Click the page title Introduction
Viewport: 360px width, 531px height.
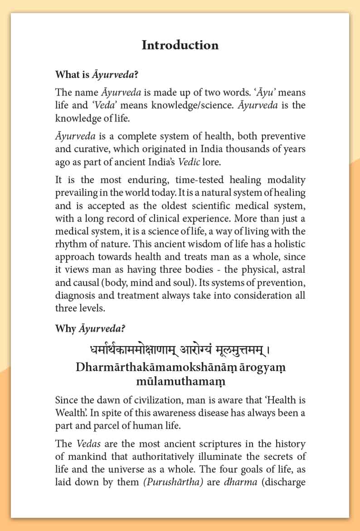coord(180,45)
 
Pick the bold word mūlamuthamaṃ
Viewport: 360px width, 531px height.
coord(180,381)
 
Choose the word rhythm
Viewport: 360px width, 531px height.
coord(71,244)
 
